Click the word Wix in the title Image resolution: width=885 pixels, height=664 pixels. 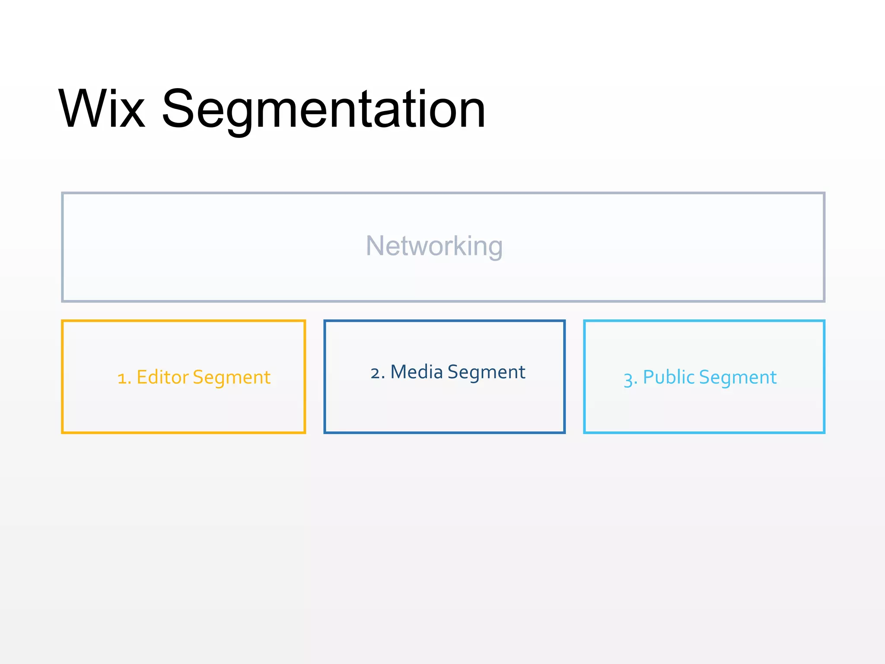tap(102, 109)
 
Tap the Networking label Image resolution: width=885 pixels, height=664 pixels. tap(434, 246)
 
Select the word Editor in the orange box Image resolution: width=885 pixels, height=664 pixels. tap(162, 377)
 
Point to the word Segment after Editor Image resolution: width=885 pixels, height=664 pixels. tap(232, 378)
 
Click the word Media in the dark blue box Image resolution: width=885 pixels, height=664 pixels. tap(417, 372)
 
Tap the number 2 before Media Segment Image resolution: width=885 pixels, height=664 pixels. tap(375, 373)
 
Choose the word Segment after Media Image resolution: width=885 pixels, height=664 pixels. tap(486, 373)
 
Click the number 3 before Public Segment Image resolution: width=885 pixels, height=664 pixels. tap(628, 379)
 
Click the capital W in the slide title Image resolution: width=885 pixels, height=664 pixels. tap(82, 109)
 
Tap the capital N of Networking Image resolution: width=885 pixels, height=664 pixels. tap(374, 246)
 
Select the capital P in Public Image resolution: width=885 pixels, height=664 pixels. tap(649, 377)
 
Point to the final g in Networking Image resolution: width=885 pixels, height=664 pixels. tap(494, 248)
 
